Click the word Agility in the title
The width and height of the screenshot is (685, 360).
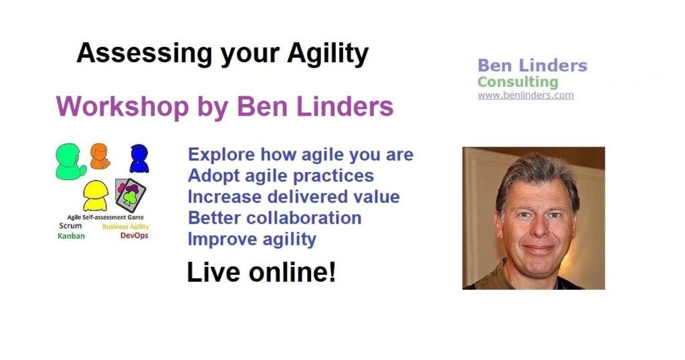pos(328,54)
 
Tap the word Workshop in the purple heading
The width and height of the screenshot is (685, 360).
pos(122,107)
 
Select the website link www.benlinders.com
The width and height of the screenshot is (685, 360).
pos(526,95)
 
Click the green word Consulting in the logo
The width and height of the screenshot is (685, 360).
pos(518,82)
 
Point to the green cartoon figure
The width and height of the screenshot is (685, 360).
pos(70,161)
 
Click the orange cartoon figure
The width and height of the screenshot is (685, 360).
pos(100,156)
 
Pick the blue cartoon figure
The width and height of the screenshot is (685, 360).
pos(139,158)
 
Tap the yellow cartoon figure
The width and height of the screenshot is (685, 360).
pos(95,195)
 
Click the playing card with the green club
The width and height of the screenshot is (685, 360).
pos(130,195)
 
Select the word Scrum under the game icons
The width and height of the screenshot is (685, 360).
pos(70,226)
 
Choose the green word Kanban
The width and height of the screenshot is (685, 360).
pos(71,236)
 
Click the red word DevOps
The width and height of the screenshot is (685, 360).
pos(134,236)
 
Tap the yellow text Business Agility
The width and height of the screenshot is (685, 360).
pos(125,227)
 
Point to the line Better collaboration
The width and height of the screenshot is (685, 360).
pos(274,218)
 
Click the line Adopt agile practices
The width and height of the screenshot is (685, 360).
pos(280,175)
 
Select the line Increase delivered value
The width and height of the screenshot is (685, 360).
pos(294,197)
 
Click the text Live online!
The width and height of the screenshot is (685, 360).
pos(262,272)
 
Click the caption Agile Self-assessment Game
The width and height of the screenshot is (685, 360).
pos(105,217)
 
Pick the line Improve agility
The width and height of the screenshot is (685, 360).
pos(252,240)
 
